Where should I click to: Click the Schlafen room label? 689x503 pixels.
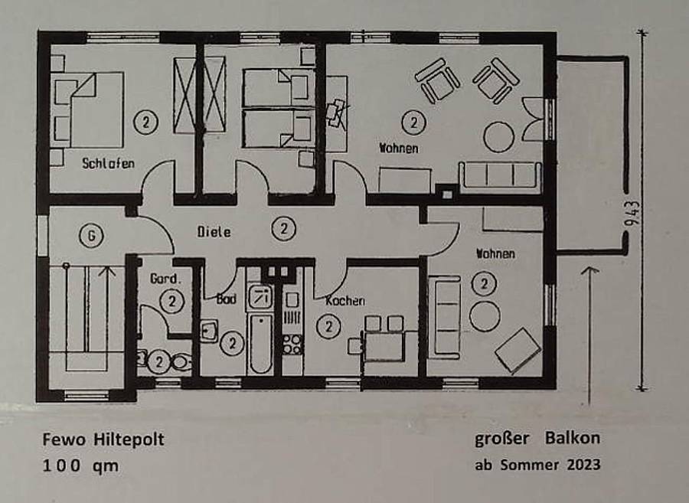108,163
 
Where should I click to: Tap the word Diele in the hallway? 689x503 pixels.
214,231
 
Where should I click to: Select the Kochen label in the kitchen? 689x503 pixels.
345,301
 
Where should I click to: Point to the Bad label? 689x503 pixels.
227,299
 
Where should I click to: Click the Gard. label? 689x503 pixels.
165,279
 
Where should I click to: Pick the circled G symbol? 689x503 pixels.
91,236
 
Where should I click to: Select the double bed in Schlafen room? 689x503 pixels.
87,109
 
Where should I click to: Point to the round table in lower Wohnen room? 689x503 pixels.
485,316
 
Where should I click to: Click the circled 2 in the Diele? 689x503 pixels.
283,229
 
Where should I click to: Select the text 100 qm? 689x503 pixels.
80,465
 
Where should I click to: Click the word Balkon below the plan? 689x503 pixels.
573,438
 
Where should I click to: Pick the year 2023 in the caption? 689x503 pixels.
583,465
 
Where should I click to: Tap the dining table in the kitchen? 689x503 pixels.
384,346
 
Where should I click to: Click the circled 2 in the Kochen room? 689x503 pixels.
328,326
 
